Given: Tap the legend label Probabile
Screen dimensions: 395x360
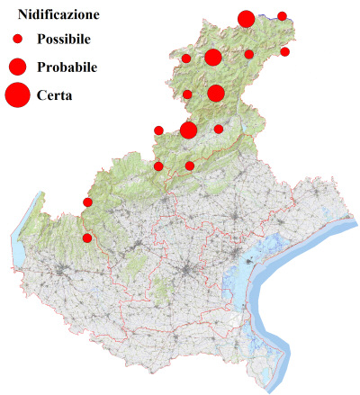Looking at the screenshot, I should point(67,67).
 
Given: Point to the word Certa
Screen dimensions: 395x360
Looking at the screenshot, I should point(55,94).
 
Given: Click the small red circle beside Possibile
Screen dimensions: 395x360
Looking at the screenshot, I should point(17,40).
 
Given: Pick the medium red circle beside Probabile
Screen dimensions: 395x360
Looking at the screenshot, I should point(17,66).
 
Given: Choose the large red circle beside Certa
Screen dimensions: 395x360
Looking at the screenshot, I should point(17,94).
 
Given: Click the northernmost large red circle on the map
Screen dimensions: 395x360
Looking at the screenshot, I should point(246,19).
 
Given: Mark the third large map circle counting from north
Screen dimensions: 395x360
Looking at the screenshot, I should point(216,94).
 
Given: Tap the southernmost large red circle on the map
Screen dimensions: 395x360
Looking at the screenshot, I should point(189,130).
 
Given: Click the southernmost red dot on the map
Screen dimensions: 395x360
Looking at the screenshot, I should point(87,238).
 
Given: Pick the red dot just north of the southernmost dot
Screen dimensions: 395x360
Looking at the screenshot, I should point(87,202).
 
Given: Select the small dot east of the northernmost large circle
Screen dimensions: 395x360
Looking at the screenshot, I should point(282,16).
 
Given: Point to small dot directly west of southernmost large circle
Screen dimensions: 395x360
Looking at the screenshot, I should point(159,130).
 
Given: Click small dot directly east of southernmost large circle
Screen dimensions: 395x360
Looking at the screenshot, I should point(219,130).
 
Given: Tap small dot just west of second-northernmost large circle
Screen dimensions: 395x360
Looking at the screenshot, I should point(186,58).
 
